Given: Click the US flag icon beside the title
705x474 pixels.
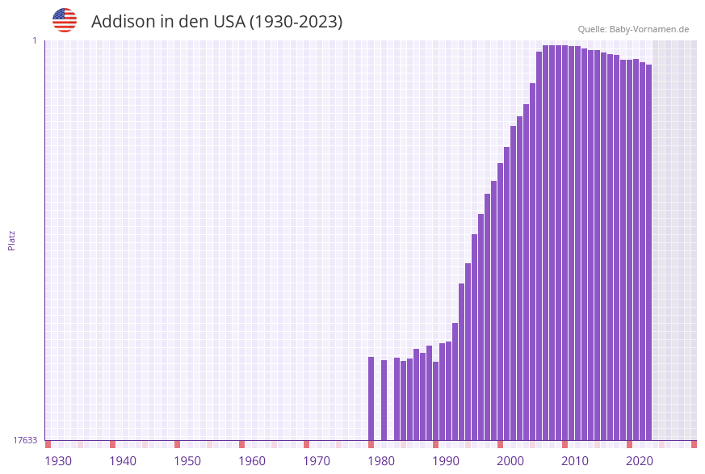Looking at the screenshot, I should pos(65,20).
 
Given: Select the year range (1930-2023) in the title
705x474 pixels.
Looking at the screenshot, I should pos(296,22).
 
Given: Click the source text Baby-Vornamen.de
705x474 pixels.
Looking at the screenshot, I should pos(648,29).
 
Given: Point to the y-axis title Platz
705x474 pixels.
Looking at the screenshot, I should pos(11,240).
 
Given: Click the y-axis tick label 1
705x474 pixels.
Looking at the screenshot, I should pos(34,40).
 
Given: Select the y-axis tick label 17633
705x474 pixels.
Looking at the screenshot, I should pos(25,440).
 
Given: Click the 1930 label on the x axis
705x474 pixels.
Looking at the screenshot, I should pos(58,461).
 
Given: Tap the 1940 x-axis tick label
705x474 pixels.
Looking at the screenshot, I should pos(123,461).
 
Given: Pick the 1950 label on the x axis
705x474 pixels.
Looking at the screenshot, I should pos(187,461).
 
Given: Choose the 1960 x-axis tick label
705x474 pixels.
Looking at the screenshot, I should pos(252,461).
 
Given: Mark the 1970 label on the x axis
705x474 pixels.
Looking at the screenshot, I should pos(317,461).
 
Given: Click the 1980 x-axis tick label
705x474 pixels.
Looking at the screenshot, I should pos(381,461).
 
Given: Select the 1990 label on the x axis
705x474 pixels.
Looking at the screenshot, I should pos(446,461).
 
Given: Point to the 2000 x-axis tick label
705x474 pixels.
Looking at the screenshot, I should pos(510,461).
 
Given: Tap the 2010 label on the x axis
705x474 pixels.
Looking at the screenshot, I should pos(575,461).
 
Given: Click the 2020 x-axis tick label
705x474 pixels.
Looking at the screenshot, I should pos(640,461).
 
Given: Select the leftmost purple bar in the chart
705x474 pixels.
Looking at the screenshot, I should pos(371,398).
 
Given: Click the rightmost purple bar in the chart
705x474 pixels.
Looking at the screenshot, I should pos(648,252).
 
